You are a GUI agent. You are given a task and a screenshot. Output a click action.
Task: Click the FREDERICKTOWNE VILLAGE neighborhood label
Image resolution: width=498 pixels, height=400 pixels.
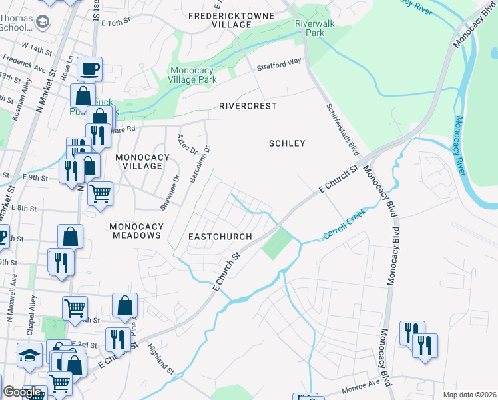pos(221,19)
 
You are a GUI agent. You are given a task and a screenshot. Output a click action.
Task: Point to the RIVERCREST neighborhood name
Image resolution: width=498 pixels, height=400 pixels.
pos(248,106)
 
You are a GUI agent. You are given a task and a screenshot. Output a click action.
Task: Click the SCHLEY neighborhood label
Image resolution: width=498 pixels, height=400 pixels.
pos(287,143)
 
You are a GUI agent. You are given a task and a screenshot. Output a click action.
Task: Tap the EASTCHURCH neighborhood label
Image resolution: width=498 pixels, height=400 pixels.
pos(220,237)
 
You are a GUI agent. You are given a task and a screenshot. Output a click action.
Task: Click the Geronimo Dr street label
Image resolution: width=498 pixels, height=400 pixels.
pos(208,163)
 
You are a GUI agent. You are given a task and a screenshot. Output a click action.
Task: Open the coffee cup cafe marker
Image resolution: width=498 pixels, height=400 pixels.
pos(89,67)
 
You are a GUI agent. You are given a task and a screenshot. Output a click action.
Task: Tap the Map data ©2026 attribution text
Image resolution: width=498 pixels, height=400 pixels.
pos(469,395)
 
